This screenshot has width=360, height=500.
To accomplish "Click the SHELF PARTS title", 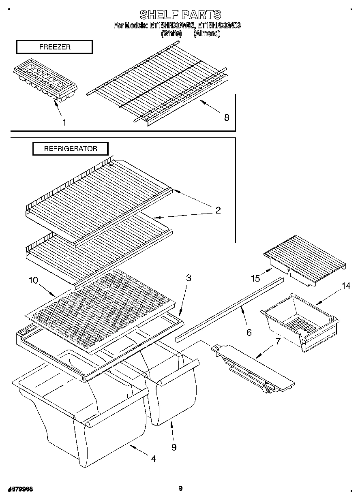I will click(180, 15).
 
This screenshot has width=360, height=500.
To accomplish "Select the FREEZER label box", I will click(54, 47).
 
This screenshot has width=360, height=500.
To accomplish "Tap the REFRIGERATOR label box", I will click(71, 149).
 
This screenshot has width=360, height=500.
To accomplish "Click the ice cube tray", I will click(45, 81).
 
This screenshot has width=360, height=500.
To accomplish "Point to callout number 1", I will click(64, 122).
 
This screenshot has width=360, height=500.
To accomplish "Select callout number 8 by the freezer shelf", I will click(227, 118).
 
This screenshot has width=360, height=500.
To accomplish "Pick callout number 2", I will click(218, 210).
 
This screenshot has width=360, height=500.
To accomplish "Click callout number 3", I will click(189, 278).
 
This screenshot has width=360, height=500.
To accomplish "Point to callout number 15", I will click(255, 278).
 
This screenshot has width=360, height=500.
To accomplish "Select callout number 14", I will click(345, 286).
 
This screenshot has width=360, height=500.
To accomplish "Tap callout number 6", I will click(249, 332).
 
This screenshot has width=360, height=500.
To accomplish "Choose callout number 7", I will click(278, 341).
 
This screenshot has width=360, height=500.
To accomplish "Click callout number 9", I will click(174, 447).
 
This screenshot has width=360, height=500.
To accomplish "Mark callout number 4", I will click(153, 459).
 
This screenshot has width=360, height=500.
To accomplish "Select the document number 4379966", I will click(20, 489).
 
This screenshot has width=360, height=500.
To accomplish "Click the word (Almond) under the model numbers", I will click(207, 34).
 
